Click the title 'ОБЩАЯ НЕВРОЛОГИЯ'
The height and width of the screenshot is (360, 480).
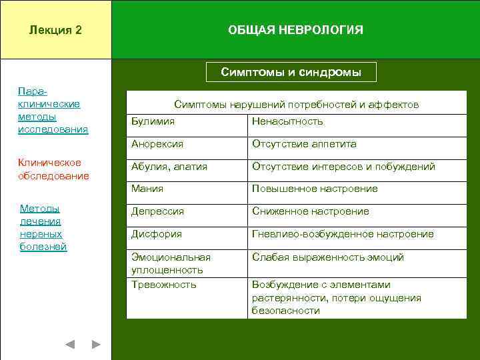(295, 31)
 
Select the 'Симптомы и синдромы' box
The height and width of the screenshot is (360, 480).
(291, 72)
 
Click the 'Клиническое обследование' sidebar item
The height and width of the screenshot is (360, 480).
(53, 169)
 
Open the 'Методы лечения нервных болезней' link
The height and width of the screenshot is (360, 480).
(43, 228)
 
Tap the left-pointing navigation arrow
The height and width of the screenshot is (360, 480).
(70, 345)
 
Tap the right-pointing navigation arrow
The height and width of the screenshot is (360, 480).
(96, 345)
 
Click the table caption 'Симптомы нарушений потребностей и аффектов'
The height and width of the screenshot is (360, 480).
(296, 105)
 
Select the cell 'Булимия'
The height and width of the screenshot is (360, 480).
(153, 121)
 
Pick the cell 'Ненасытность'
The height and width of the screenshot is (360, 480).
(287, 121)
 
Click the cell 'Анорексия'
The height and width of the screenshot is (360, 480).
(157, 144)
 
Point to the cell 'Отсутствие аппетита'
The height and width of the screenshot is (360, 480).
(304, 144)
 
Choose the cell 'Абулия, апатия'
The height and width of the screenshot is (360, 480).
(169, 167)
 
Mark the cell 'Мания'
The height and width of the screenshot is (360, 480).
(147, 189)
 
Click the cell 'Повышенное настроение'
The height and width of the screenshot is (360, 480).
(315, 189)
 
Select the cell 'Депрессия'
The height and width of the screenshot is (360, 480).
(158, 211)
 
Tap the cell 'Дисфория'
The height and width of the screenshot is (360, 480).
(157, 234)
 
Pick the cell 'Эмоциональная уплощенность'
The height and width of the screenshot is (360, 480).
(171, 263)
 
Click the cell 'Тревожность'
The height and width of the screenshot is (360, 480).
(164, 285)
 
